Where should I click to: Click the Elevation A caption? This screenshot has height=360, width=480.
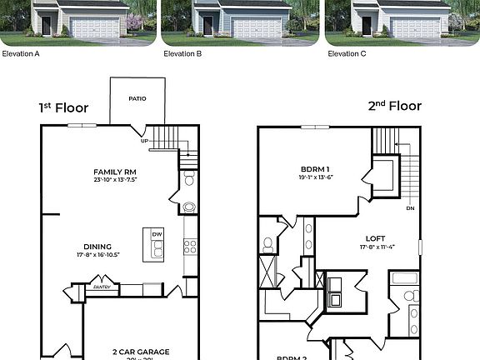21,53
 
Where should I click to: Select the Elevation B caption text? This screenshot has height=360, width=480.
182,53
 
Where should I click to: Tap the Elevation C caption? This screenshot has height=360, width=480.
347,53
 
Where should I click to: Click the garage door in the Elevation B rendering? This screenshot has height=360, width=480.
257,28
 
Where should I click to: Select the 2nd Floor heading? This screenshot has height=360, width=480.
394,106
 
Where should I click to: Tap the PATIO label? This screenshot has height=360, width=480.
137,98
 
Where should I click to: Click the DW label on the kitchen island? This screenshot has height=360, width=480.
157,235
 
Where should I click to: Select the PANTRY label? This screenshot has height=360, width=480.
102,287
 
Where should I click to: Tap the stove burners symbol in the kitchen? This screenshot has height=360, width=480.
189,246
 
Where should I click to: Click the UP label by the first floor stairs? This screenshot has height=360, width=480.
144,141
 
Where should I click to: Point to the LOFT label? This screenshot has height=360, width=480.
375,237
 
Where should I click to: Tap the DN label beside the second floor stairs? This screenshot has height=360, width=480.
409,208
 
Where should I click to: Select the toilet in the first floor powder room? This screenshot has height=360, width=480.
189,178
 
